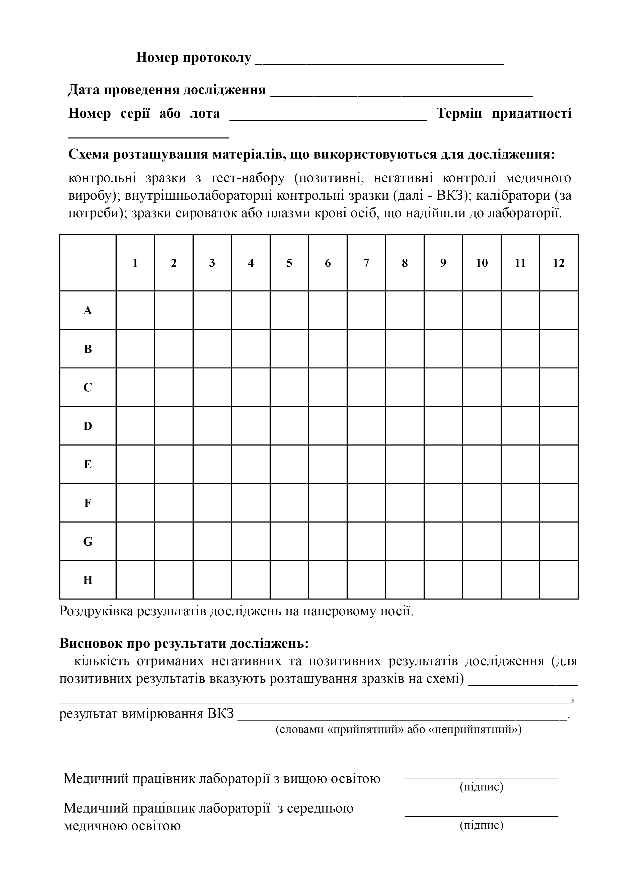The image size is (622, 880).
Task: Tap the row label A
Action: tap(88, 310)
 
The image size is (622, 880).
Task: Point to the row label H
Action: tap(88, 580)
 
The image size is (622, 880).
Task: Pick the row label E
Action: tap(88, 464)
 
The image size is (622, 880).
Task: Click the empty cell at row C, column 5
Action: tap(289, 387)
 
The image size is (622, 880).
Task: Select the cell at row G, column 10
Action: tap(482, 541)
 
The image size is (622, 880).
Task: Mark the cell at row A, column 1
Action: tap(135, 310)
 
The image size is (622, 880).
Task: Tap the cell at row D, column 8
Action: tap(405, 426)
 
